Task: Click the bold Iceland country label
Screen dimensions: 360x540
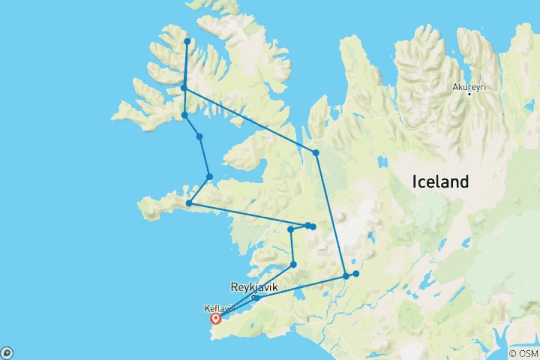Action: click(440, 181)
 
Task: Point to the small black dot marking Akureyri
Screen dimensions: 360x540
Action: click(469, 94)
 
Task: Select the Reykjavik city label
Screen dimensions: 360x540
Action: click(253, 287)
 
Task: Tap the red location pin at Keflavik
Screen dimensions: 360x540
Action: click(216, 318)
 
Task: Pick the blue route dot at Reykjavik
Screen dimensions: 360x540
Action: click(256, 298)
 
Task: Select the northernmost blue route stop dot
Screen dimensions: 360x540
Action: click(187, 41)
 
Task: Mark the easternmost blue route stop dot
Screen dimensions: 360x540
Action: click(356, 274)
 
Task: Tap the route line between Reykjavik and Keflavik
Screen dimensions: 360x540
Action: click(236, 307)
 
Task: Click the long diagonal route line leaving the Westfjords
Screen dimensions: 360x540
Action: click(250, 120)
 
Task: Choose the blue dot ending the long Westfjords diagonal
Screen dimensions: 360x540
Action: click(316, 153)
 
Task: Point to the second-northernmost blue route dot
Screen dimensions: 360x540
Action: click(184, 88)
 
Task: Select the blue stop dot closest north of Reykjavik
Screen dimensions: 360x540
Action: click(293, 265)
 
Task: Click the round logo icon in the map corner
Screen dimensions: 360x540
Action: click(7, 352)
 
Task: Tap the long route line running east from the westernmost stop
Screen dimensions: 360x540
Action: click(247, 214)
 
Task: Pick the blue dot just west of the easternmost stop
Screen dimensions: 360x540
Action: click(346, 276)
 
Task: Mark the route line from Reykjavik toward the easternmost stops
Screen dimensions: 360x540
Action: click(300, 287)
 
